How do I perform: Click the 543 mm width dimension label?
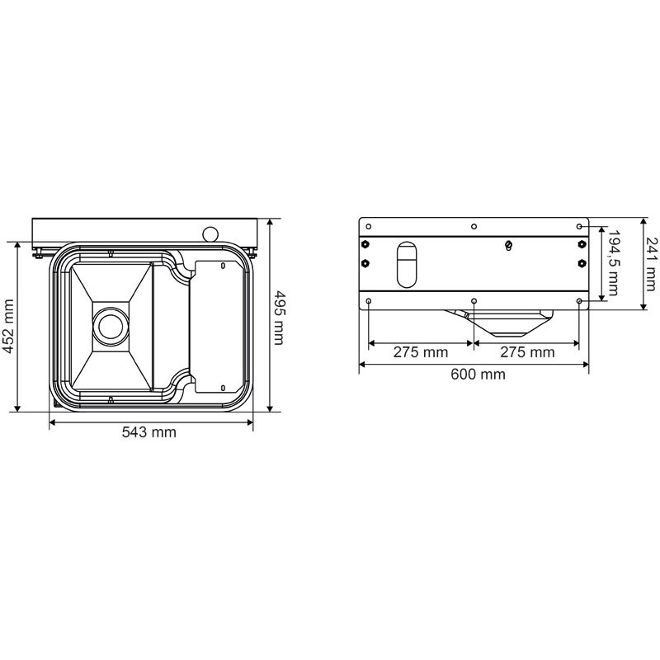coord(149,432)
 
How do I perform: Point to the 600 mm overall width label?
coord(479,374)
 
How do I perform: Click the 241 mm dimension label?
coord(650,264)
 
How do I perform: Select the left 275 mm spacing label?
coord(420,352)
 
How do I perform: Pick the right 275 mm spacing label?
coord(527,352)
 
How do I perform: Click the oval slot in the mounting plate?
coord(407,264)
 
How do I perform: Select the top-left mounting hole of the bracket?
coord(368,226)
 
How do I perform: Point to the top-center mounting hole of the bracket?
coord(473,226)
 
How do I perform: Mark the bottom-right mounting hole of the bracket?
coord(580,302)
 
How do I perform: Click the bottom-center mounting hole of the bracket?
coord(473,302)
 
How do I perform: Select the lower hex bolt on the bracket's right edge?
coord(582,263)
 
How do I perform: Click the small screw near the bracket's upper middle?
coord(508,245)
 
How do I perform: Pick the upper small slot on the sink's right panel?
coord(224,266)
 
